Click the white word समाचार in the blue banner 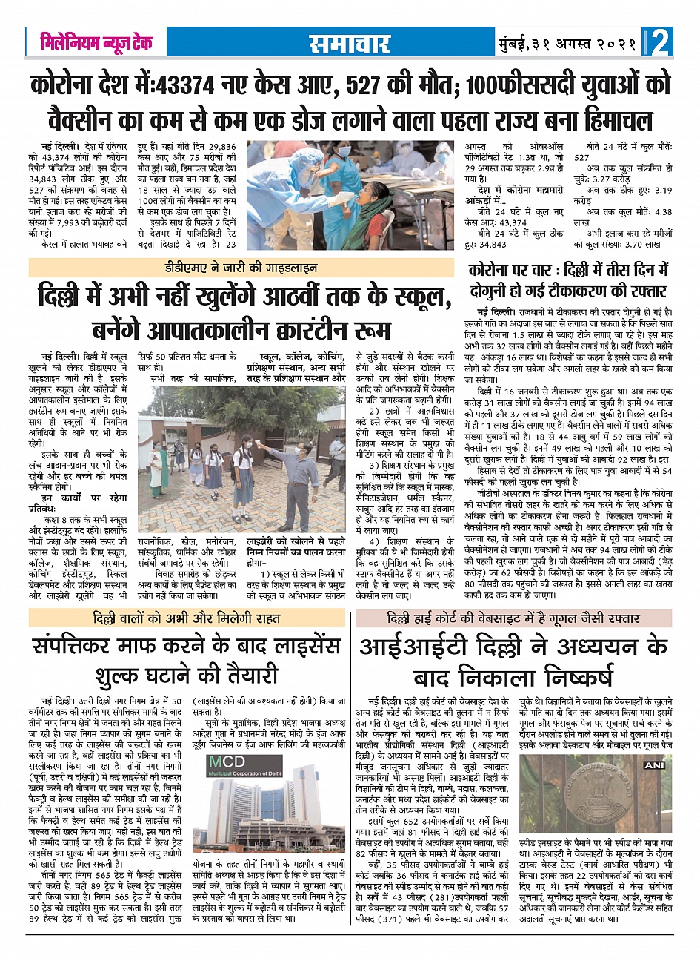pyautogui.click(x=350, y=43)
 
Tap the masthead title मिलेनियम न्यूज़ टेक pyautogui.click(x=96, y=42)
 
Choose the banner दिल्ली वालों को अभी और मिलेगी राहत pyautogui.click(x=186, y=618)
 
